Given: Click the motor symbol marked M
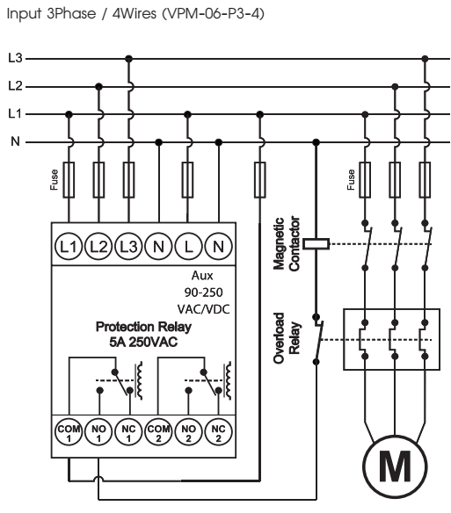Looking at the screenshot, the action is click(x=395, y=466).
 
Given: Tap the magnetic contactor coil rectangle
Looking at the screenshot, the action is click(x=316, y=244).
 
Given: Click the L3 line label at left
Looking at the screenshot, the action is click(x=15, y=58).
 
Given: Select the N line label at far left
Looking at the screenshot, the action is click(x=16, y=141).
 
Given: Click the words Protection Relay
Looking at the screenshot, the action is click(x=143, y=327).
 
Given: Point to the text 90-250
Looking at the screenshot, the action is click(x=203, y=293).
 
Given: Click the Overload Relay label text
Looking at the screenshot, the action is click(x=287, y=338).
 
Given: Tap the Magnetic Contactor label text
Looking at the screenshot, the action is click(x=287, y=243).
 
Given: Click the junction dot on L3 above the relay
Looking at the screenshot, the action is click(x=128, y=59).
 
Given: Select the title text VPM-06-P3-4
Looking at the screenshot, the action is click(x=214, y=14).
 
